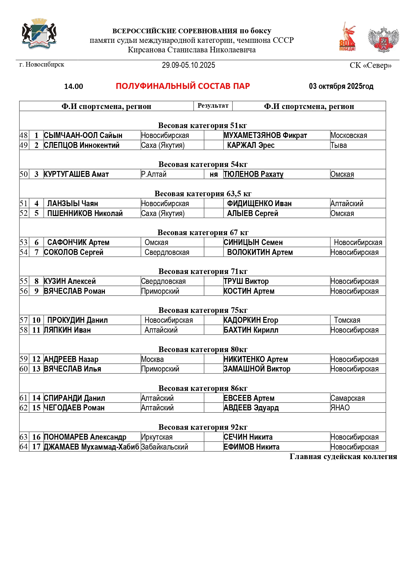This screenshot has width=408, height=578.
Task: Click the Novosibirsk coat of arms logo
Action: click(x=39, y=34)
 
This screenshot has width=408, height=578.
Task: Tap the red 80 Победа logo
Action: click(x=348, y=37)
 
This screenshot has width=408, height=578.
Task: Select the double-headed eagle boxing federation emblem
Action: click(x=383, y=40)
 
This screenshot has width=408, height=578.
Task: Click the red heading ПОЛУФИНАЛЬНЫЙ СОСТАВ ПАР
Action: click(x=183, y=86)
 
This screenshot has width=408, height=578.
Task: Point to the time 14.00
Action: click(x=74, y=87)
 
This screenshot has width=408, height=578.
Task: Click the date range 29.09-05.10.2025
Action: click(x=188, y=65)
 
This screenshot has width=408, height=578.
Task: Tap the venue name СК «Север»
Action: click(x=371, y=65)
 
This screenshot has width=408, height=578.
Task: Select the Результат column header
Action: click(x=213, y=106)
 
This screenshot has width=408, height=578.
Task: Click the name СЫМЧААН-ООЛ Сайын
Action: click(x=83, y=135)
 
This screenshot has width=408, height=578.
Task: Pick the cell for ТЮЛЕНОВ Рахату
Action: click(x=253, y=174)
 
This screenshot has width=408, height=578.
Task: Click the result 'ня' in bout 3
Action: click(x=214, y=175)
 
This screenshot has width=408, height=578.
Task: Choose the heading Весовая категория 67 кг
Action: click(x=203, y=233)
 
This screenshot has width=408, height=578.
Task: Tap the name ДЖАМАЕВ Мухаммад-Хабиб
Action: click(x=91, y=447)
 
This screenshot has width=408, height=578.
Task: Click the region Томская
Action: click(x=347, y=320)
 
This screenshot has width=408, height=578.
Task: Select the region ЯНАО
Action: click(x=340, y=408)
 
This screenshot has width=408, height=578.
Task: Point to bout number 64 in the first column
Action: click(x=24, y=447)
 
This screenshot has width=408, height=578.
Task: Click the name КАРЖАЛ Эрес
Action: click(x=251, y=145)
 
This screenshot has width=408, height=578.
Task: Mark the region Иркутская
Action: click(x=157, y=437)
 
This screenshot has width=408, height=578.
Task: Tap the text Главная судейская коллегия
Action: click(x=343, y=456)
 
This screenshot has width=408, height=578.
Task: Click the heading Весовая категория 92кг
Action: click(x=203, y=427)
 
